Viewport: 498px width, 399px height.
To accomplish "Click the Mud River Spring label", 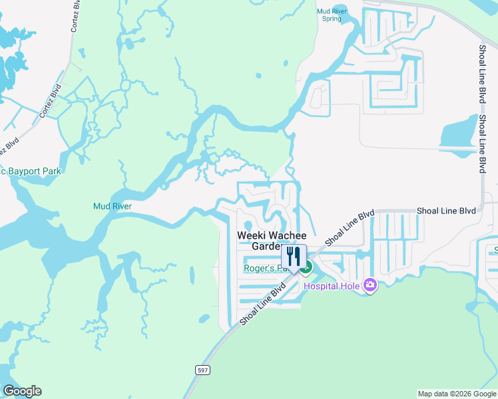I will [331, 14].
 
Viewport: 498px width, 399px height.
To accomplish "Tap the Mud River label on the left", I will [113, 206].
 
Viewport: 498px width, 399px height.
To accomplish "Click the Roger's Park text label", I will [264, 269].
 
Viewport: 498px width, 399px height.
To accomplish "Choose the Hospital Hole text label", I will [332, 286].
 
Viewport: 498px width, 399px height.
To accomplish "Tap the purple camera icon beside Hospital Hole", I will [370, 286].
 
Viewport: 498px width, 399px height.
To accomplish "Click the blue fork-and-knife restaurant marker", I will [293, 257].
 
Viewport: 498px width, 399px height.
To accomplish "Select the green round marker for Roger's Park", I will [306, 269].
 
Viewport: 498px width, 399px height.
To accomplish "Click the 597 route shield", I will [203, 369].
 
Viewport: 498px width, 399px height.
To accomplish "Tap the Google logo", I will [22, 391].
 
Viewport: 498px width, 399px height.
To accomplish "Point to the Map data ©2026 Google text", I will [456, 394].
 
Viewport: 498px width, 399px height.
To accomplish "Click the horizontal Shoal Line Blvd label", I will [446, 210].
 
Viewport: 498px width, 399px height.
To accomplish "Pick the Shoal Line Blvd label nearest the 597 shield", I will [263, 303].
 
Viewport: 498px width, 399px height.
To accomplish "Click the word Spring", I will [331, 19].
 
